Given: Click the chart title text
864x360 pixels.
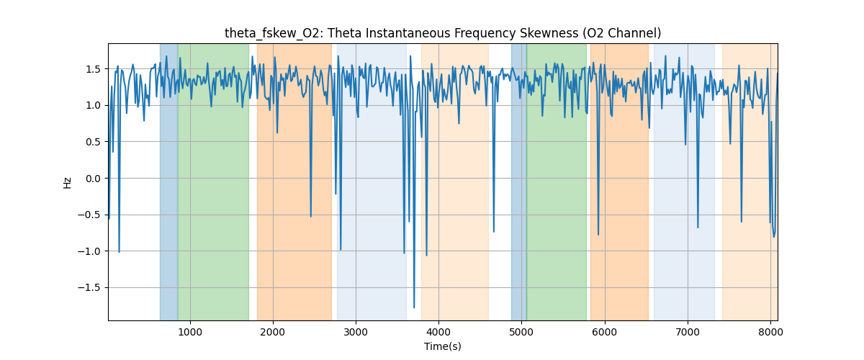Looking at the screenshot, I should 442,33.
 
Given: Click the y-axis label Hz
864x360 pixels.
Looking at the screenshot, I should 68,182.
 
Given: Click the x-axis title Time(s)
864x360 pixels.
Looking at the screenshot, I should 442,346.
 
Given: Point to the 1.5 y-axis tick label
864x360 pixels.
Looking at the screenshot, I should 93,69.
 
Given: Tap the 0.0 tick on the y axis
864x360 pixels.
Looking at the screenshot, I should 93,179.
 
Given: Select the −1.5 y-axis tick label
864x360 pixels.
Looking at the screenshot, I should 90,288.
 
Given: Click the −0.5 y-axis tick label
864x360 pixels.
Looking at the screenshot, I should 90,215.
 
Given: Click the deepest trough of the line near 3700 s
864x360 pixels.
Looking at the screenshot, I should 413,307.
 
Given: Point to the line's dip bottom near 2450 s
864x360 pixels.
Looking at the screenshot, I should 310,216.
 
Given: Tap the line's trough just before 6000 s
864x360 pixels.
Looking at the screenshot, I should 598,234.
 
